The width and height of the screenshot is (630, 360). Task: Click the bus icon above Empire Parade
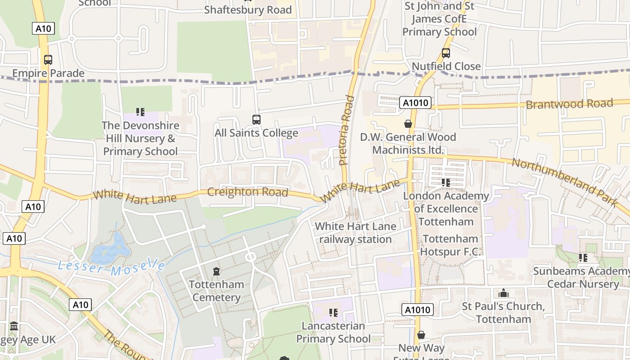click(x=48, y=59)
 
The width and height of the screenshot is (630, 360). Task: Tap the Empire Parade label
click(x=48, y=73)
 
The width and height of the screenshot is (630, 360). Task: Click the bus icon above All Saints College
click(x=256, y=120)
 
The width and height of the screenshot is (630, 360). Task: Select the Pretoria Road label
click(x=345, y=130)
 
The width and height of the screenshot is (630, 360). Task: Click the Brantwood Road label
click(x=569, y=104)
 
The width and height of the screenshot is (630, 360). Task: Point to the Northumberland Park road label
click(x=565, y=181)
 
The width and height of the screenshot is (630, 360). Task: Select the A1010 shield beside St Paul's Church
click(x=418, y=310)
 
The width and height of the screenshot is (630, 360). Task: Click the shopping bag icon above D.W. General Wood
click(x=408, y=123)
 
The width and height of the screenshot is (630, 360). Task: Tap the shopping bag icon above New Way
click(x=421, y=335)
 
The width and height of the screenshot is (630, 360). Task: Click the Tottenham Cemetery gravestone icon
click(x=216, y=271)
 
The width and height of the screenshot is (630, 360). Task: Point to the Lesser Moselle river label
click(x=111, y=267)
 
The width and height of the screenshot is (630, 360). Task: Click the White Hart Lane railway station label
click(x=355, y=233)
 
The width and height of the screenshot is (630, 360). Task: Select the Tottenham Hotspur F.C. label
click(x=450, y=245)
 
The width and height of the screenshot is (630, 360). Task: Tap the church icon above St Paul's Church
click(x=504, y=293)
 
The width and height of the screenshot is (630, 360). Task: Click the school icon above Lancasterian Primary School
click(x=333, y=312)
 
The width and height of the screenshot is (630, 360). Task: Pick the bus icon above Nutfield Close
click(x=446, y=53)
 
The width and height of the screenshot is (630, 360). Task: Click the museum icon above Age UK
click(x=14, y=326)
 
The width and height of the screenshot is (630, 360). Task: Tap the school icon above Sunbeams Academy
click(x=583, y=258)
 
